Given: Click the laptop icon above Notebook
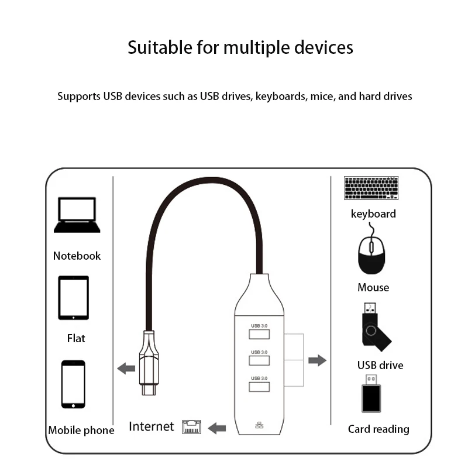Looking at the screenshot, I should tap(77, 215).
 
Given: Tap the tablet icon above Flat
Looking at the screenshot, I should tap(74, 298).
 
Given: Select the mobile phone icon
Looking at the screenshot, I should tap(73, 384).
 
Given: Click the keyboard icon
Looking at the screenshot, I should tap(371, 188).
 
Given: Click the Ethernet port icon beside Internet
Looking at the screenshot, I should tap(192, 426).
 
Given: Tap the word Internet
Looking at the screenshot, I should tap(152, 426).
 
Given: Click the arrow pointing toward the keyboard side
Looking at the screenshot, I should tap(317, 360).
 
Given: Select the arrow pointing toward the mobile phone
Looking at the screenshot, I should tap(126, 368).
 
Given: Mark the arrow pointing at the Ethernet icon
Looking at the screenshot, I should tap(217, 428).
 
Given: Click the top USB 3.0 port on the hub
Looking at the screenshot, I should tap(259, 334).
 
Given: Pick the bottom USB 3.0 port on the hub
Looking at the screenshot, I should tap(259, 386).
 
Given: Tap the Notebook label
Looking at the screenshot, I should tap(77, 256).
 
